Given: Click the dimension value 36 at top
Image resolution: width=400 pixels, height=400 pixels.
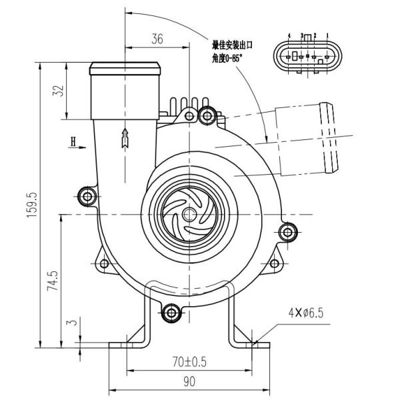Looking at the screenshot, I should [x=157, y=39].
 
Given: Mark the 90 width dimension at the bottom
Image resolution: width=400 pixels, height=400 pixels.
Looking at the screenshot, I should [x=189, y=382].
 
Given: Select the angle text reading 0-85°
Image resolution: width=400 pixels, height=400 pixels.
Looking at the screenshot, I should [x=228, y=57].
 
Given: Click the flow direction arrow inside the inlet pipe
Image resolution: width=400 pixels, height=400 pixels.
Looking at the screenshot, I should [x=123, y=137].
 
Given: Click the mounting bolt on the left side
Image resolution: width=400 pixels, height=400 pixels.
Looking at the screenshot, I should [x=87, y=195].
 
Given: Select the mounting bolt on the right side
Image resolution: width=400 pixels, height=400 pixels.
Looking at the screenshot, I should [x=288, y=232].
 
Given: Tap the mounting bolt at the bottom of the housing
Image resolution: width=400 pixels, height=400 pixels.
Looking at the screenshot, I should [x=171, y=311].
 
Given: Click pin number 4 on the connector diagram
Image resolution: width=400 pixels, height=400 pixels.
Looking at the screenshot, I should [x=289, y=34].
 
